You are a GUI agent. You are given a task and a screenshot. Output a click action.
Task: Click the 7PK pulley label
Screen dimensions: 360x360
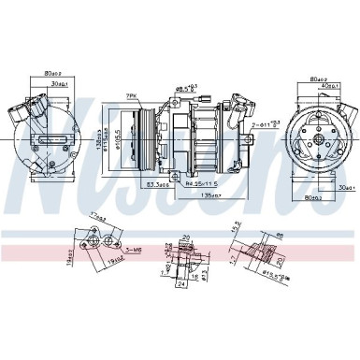(132, 95)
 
